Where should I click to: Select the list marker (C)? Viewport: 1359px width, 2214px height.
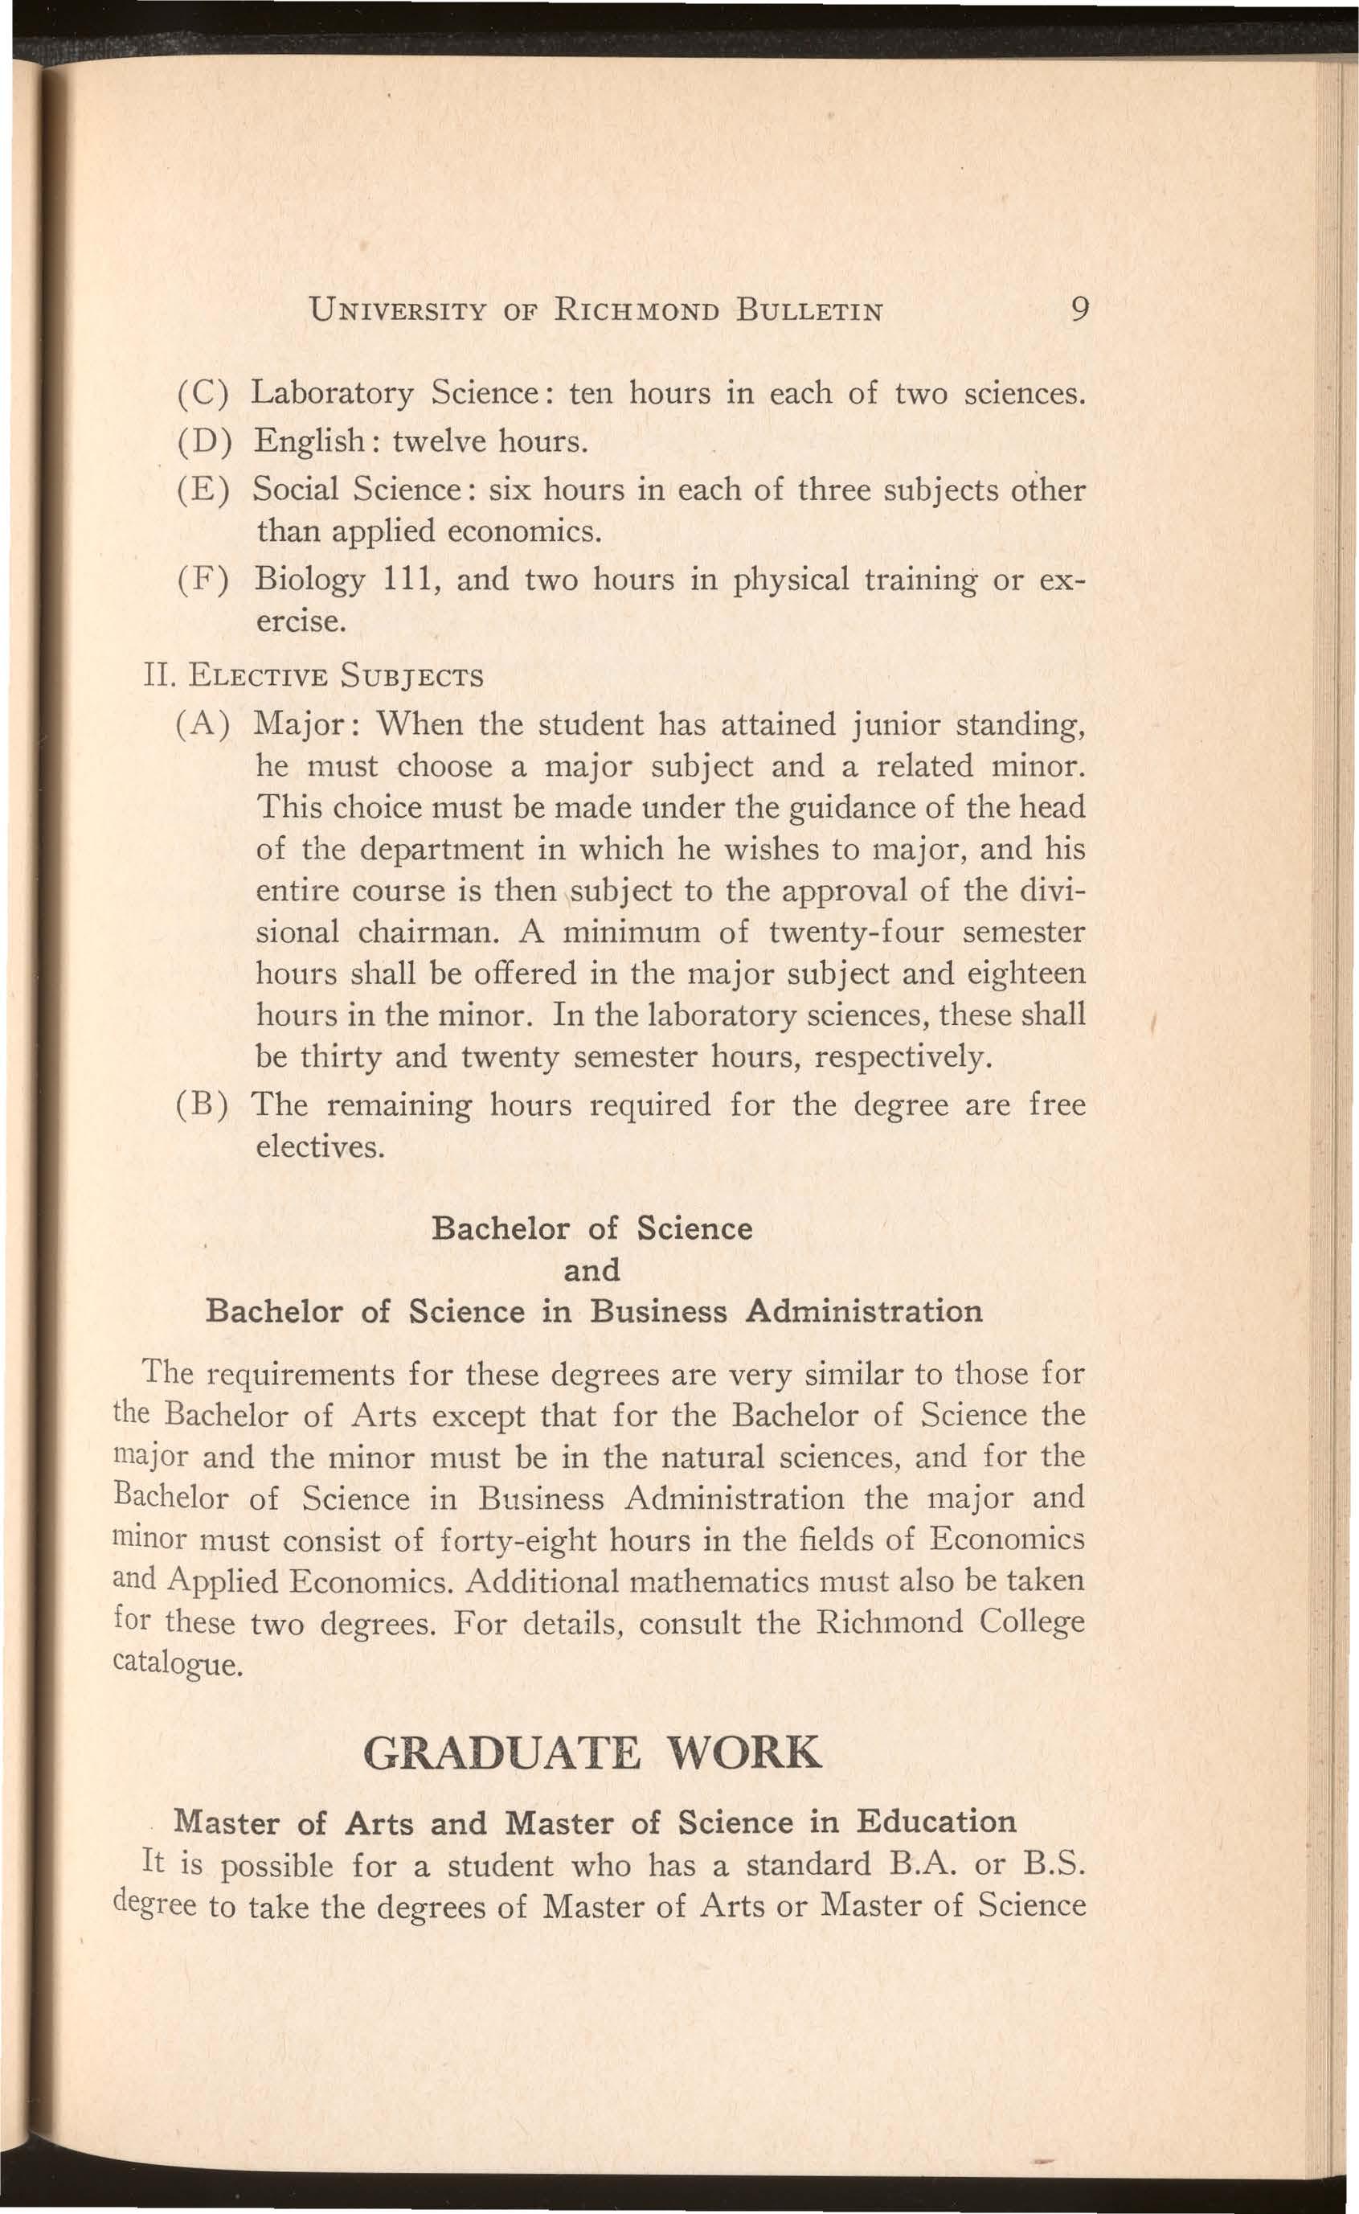pyautogui.click(x=206, y=394)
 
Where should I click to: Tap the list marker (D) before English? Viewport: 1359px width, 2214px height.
pyautogui.click(x=206, y=441)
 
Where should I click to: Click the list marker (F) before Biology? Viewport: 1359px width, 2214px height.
pyautogui.click(x=206, y=579)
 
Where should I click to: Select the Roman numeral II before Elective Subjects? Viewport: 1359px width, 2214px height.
pyautogui.click(x=154, y=675)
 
